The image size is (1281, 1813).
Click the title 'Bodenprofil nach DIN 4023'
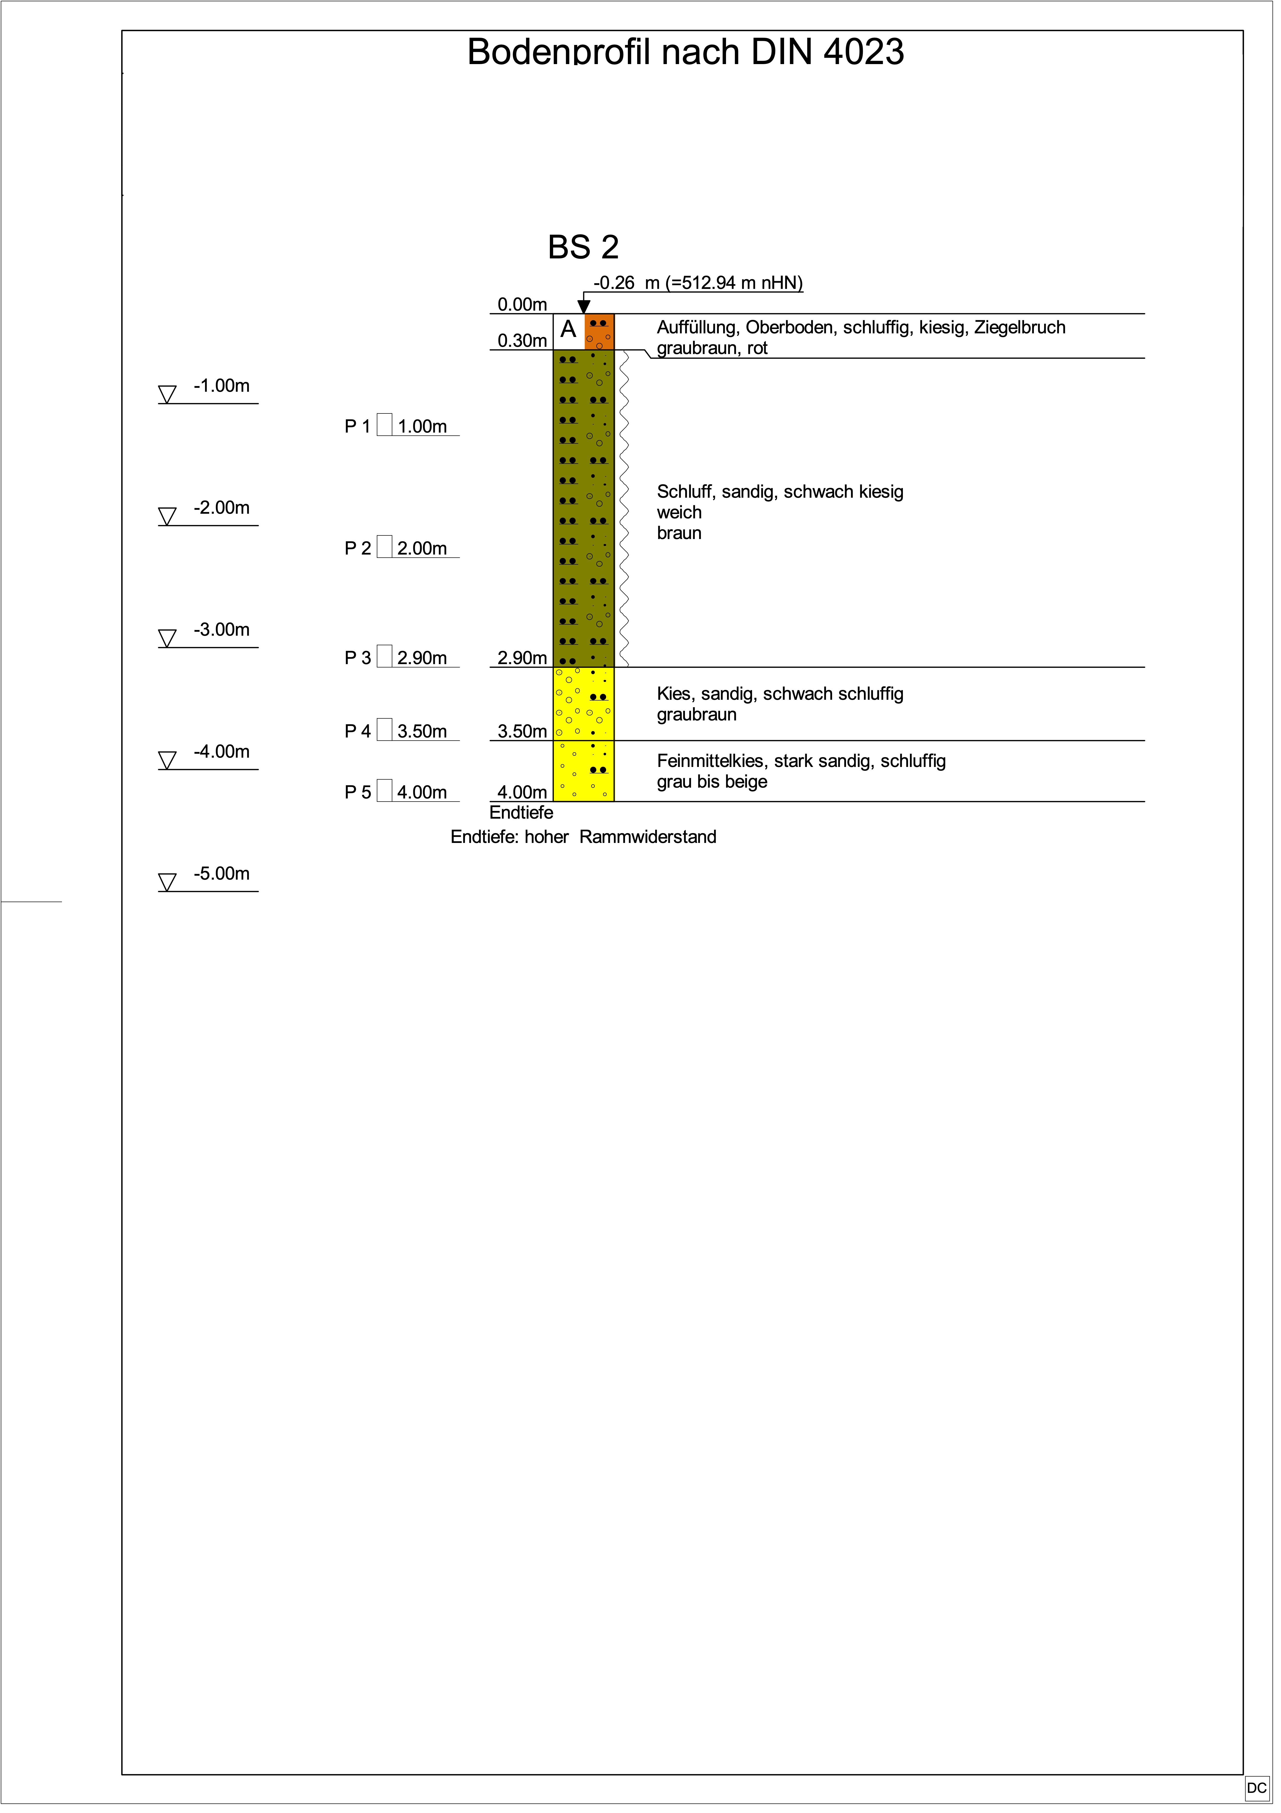click(x=685, y=52)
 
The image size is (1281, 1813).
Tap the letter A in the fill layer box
click(x=568, y=330)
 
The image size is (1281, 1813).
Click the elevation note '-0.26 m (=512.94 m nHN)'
click(x=698, y=283)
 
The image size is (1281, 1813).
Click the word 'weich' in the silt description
click(x=679, y=513)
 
